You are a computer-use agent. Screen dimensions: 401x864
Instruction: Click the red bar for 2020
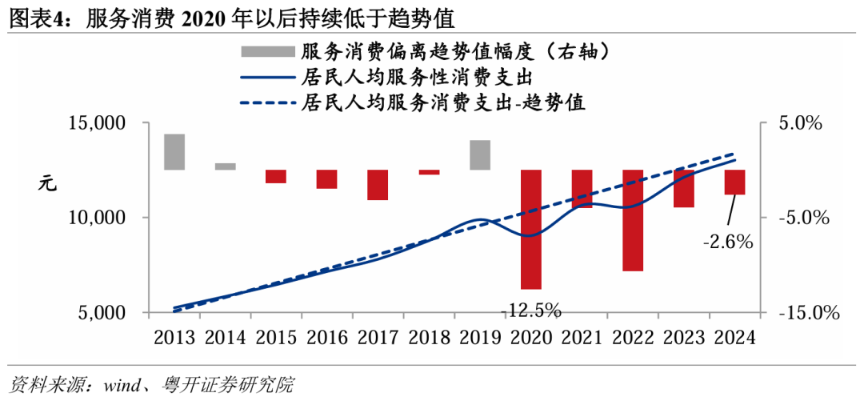pyautogui.click(x=531, y=229)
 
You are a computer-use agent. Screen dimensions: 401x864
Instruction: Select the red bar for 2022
pyautogui.click(x=633, y=220)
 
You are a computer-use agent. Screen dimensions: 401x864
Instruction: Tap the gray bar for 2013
pyautogui.click(x=174, y=152)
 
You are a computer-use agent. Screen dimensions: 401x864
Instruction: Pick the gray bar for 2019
pyautogui.click(x=480, y=155)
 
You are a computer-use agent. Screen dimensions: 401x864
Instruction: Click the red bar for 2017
pyautogui.click(x=378, y=185)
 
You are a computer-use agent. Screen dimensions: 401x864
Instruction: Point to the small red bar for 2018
pyautogui.click(x=429, y=172)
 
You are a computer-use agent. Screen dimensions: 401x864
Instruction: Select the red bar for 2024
pyautogui.click(x=734, y=182)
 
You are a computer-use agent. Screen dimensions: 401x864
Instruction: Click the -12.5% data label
pyautogui.click(x=531, y=310)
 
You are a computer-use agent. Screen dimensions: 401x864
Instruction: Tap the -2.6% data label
pyautogui.click(x=727, y=241)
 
